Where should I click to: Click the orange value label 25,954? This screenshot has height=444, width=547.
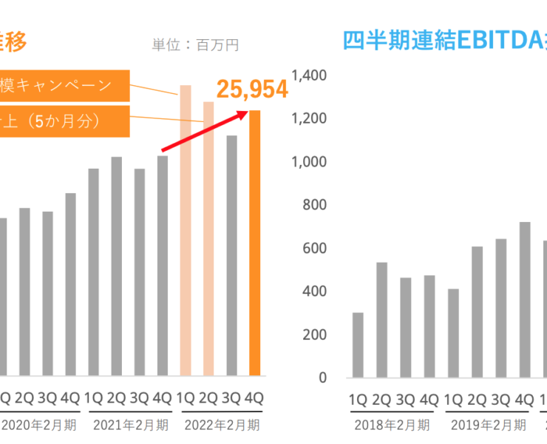pyautogui.click(x=251, y=90)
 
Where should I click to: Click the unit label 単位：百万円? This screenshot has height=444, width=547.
pyautogui.click(x=196, y=45)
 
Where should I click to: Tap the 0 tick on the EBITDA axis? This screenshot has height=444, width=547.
pyautogui.click(x=322, y=377)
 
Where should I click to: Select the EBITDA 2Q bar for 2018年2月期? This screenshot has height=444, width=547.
pyautogui.click(x=381, y=320)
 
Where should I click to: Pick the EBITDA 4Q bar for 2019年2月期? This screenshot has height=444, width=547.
pyautogui.click(x=525, y=300)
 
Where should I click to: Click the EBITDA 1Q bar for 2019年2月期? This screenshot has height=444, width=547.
pyautogui.click(x=453, y=333)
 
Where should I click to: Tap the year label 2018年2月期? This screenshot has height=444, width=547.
pyautogui.click(x=392, y=425)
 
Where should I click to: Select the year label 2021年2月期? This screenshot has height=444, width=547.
pyautogui.click(x=131, y=425)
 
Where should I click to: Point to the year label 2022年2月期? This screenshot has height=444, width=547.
pyautogui.click(x=221, y=425)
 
